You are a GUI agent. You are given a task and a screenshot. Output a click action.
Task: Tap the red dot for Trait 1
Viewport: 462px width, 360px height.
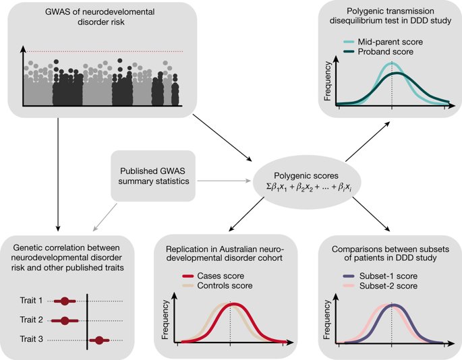(65, 300)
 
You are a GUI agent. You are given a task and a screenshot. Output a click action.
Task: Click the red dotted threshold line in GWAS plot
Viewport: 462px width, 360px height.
(101, 51)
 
